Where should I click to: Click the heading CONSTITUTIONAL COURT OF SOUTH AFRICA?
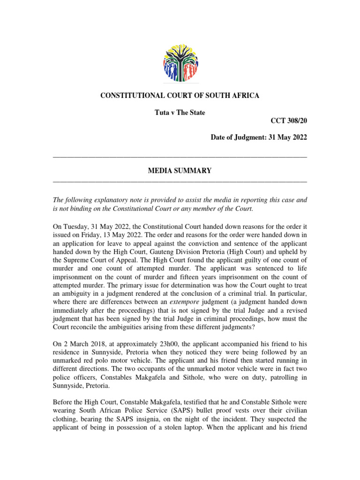180,96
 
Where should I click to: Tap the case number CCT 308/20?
289,120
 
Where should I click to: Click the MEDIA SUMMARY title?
180,171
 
